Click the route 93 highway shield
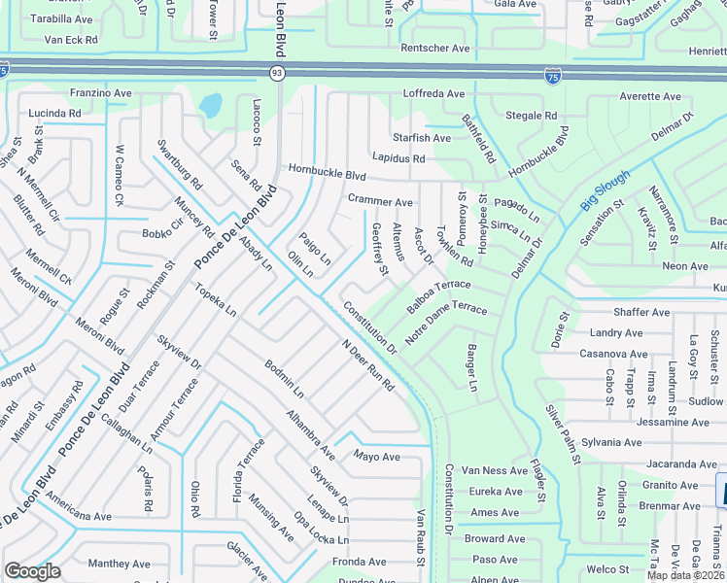tap(277, 74)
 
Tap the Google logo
tap(32, 571)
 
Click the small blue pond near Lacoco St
tap(211, 103)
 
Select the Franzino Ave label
tap(100, 93)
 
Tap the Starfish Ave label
tap(421, 138)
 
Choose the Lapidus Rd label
tap(398, 157)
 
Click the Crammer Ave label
tap(380, 201)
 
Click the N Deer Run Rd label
tap(367, 366)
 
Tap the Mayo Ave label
tap(377, 457)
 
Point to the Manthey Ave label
tap(119, 564)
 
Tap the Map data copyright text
tap(686, 575)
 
